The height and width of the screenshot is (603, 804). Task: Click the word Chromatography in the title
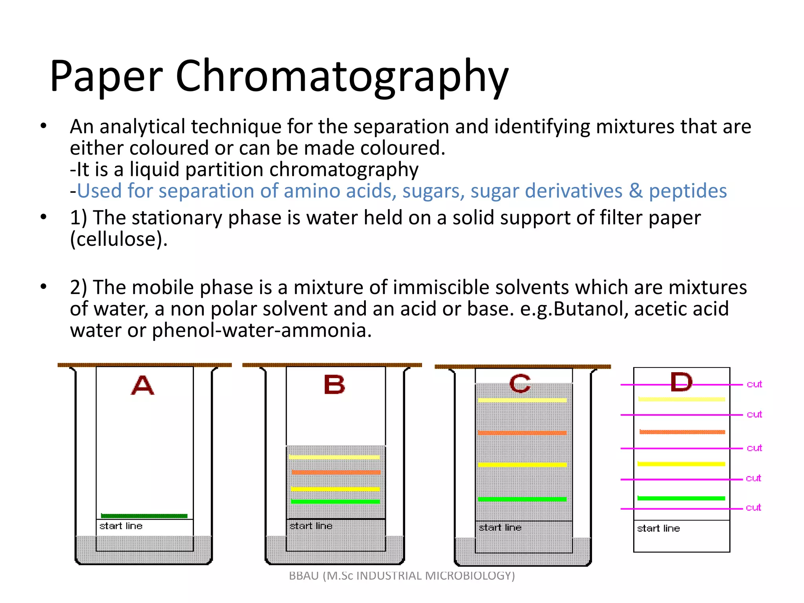click(x=342, y=77)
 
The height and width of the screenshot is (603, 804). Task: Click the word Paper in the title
click(x=106, y=77)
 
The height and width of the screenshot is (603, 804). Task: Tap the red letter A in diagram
click(x=143, y=386)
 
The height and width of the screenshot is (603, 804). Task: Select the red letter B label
click(x=334, y=385)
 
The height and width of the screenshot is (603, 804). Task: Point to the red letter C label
click(x=520, y=384)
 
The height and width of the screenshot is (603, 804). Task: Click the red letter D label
click(x=681, y=382)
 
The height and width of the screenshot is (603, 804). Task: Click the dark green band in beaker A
click(x=144, y=516)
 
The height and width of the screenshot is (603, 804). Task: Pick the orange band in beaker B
click(x=336, y=472)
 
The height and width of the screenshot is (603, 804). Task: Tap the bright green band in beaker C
click(x=522, y=499)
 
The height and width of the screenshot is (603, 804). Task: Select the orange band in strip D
click(x=682, y=432)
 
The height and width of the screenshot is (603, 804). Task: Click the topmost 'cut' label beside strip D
click(x=754, y=384)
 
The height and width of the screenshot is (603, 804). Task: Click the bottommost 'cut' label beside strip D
click(x=753, y=508)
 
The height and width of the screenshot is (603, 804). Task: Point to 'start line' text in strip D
click(x=658, y=528)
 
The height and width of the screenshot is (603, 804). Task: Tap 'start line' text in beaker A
click(x=121, y=526)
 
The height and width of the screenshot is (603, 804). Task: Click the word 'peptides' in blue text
click(x=687, y=191)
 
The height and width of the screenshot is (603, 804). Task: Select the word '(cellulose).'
click(x=119, y=239)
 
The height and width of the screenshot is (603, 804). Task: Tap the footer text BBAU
click(x=304, y=576)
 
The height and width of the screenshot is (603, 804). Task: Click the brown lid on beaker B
click(x=332, y=365)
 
